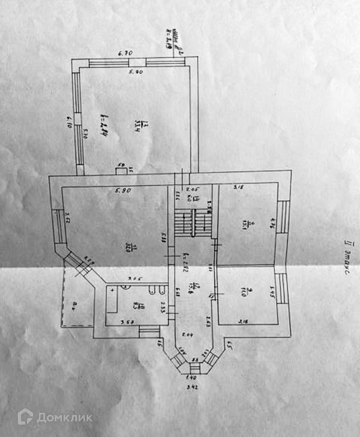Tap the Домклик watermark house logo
(x=25, y=417)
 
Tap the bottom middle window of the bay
(x=195, y=366)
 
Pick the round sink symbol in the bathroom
(x=126, y=287)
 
